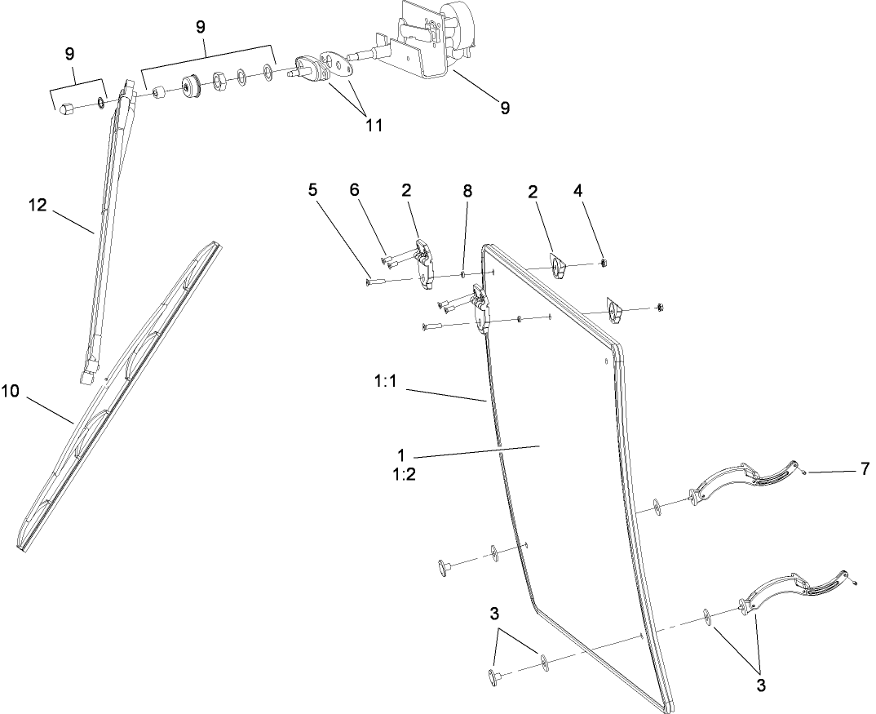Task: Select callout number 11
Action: point(374,125)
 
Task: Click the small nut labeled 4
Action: point(604,261)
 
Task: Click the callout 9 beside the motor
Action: point(505,108)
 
